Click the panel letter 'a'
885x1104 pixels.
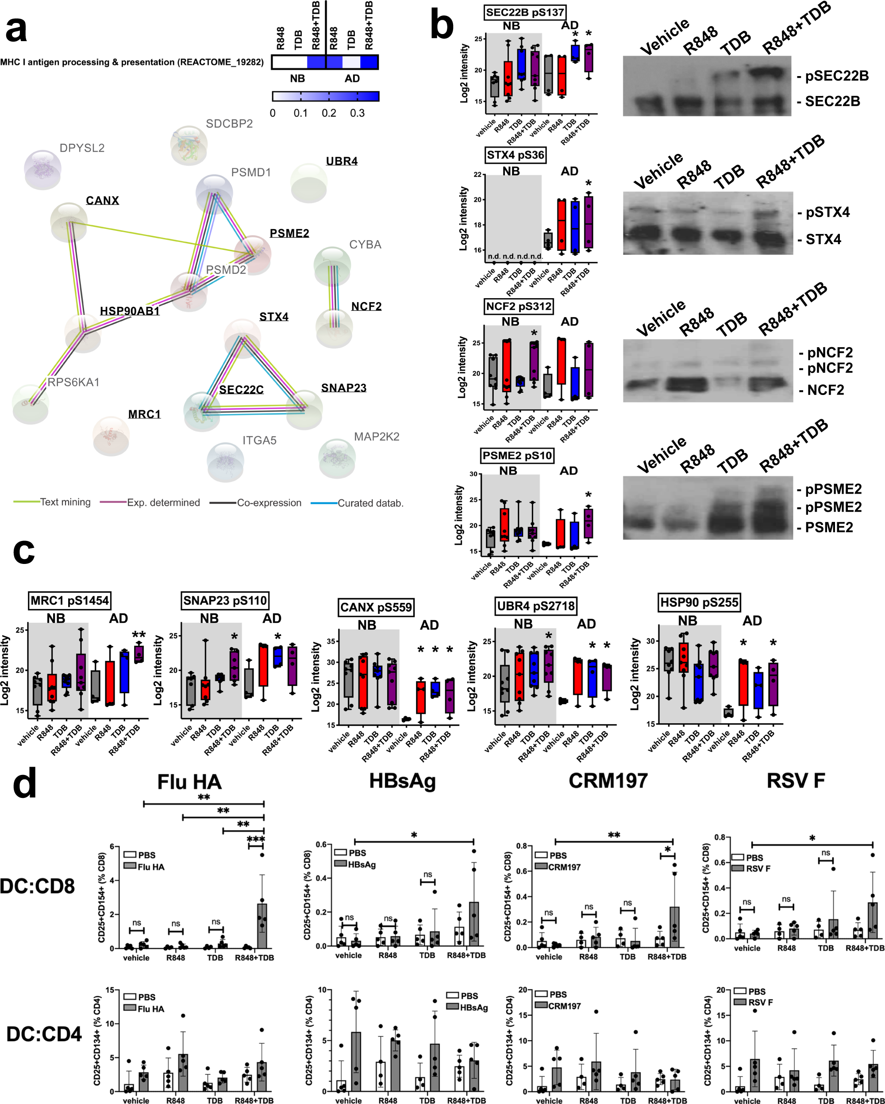(16, 30)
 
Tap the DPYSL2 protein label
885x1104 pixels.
(82, 148)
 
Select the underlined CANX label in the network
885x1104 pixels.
(102, 200)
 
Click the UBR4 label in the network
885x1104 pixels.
(342, 161)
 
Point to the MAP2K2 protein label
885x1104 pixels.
(377, 437)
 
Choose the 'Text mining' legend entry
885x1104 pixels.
(65, 502)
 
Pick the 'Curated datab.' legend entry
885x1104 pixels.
(370, 503)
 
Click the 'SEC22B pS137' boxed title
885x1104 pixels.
(525, 12)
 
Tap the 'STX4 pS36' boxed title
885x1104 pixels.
(515, 155)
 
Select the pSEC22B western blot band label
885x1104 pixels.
(836, 76)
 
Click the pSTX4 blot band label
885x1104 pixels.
(827, 212)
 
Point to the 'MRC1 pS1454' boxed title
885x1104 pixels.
(69, 601)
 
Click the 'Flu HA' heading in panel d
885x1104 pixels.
(189, 782)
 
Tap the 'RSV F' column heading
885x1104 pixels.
(795, 781)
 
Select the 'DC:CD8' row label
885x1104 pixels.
(37, 886)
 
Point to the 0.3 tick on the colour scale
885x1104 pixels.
(357, 113)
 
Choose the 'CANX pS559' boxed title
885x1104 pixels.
(376, 607)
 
